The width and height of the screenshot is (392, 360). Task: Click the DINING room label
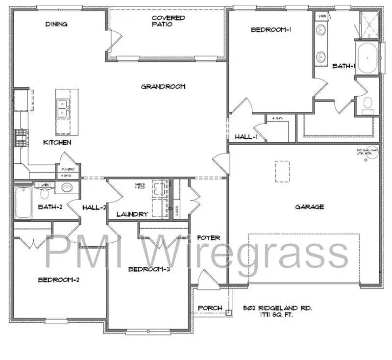coord(56,24)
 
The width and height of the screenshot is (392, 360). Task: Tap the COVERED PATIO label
coord(168,21)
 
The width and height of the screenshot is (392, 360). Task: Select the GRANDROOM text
coord(163,87)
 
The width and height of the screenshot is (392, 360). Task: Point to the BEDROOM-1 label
coord(271,29)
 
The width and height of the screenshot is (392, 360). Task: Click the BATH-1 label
coord(343,65)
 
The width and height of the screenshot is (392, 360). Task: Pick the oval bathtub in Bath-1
coord(367,58)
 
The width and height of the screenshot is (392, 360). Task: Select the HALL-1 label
coord(246,137)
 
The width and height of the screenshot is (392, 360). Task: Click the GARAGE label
coord(309,206)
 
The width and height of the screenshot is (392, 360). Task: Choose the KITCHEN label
coord(57,142)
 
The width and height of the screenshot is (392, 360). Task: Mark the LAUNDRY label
coord(132,214)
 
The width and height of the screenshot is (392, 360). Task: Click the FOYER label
coord(209,238)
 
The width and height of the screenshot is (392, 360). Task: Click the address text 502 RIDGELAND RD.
coord(277,309)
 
